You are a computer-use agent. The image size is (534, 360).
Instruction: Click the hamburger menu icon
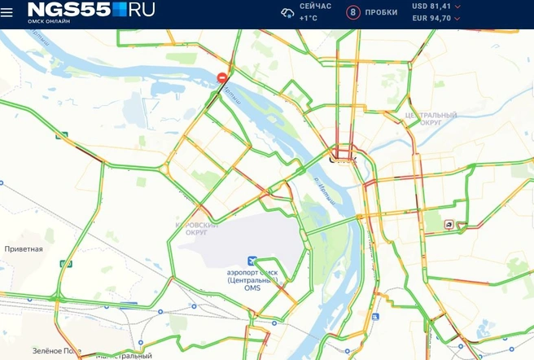click(7, 13)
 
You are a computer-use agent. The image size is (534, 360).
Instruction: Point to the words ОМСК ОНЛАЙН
click(49, 22)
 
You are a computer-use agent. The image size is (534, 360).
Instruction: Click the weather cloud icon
click(287, 12)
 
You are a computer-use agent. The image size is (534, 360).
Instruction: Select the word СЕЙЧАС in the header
click(315, 7)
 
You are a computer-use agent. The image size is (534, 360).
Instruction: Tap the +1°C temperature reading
click(309, 18)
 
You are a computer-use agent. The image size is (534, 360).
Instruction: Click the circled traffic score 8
click(352, 12)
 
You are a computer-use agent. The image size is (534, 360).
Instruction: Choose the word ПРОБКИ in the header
click(382, 12)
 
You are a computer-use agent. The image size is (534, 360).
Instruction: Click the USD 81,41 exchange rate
click(431, 7)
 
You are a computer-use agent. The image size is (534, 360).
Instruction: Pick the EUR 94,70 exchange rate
click(431, 18)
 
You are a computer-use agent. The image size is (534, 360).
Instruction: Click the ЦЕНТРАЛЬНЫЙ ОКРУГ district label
click(431, 119)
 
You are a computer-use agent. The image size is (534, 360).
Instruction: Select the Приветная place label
click(24, 248)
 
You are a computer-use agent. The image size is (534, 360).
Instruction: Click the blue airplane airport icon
click(252, 261)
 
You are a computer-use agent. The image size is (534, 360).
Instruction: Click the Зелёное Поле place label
click(57, 350)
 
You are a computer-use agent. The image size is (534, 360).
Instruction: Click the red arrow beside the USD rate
click(457, 7)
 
